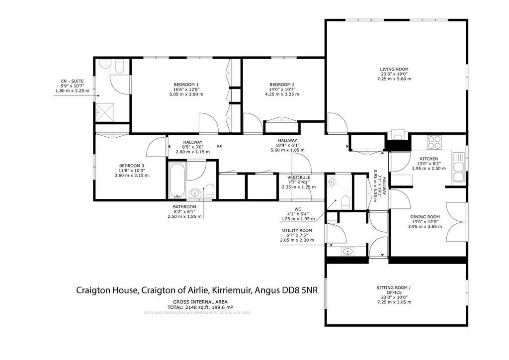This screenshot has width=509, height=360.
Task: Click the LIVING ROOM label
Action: click(394, 69)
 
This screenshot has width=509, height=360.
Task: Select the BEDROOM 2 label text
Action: click(282, 85)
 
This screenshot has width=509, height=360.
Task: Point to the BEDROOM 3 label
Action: click(131, 166)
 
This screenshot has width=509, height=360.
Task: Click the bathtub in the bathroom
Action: click(177, 180)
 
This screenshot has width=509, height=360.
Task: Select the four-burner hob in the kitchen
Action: click(434, 142)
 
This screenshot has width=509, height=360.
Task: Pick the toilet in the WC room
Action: click(345, 202)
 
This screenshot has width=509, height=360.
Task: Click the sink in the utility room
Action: click(347, 251)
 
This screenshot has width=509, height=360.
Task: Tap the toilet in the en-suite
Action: click(119, 68)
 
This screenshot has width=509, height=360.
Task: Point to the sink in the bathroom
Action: click(195, 193)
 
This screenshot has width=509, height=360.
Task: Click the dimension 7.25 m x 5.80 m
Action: click(394, 79)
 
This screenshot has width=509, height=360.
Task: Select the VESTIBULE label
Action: click(299, 178)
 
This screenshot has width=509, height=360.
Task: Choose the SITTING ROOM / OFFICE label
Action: click(394, 290)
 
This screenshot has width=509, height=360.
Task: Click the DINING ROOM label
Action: click(425, 217)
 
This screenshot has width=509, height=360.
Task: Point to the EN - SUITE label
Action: click(72, 81)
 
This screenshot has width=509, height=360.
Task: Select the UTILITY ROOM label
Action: click(297, 231)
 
